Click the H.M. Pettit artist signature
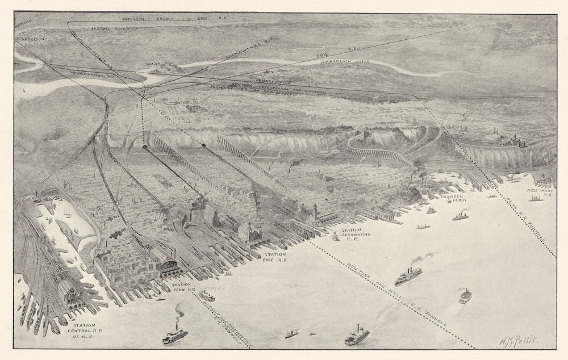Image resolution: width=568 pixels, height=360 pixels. point(518,340)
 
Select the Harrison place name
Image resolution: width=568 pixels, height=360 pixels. point(34,39)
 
